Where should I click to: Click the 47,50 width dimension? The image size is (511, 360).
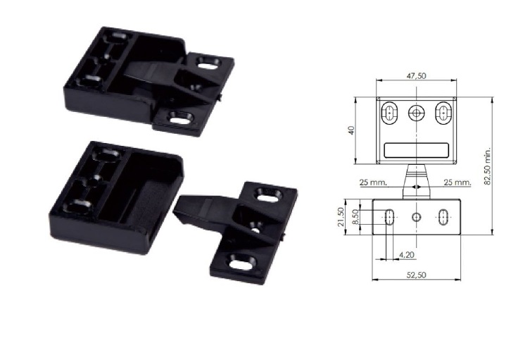[x=416, y=75]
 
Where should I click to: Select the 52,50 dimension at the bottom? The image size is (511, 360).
[x=416, y=275]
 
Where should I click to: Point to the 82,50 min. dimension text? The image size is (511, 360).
[x=488, y=166]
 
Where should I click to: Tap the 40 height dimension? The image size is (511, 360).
[x=351, y=130]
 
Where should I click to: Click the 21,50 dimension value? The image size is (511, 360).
[x=341, y=217]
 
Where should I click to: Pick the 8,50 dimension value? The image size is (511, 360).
[x=355, y=216]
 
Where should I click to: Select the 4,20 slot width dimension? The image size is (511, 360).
[x=407, y=254]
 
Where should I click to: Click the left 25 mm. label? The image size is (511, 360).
[x=374, y=182]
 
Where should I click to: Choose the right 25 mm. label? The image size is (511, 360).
[x=458, y=182]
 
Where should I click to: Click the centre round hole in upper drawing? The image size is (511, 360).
[x=416, y=113]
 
